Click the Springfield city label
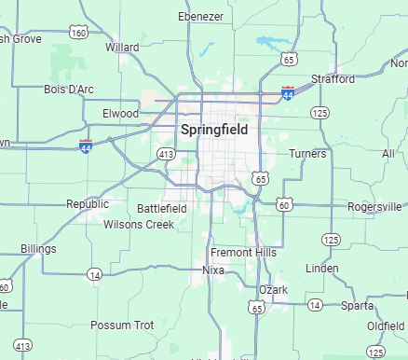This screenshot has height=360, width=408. point(215,130)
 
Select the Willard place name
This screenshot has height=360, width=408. point(123,47)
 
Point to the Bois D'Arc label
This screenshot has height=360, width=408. point(68,90)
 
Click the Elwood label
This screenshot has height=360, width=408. point(120,114)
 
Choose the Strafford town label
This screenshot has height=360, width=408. point(333,79)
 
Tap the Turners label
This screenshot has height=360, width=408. point(307,153)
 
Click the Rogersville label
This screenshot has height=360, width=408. point(374,206)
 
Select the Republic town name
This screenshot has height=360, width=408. point(88,203)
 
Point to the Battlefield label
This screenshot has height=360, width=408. point(162,209)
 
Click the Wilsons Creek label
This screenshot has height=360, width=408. point(139,225)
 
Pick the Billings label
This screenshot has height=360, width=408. point(38,249)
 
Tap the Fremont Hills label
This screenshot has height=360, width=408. point(243,253)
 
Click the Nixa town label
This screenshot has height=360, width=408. point(213,270)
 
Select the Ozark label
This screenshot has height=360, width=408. point(274,290)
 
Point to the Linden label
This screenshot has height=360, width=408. point(321,269)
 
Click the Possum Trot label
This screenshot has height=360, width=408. point(122,325)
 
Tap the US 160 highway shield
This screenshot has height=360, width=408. point(79,33)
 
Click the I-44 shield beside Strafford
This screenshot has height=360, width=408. point(288,93)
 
